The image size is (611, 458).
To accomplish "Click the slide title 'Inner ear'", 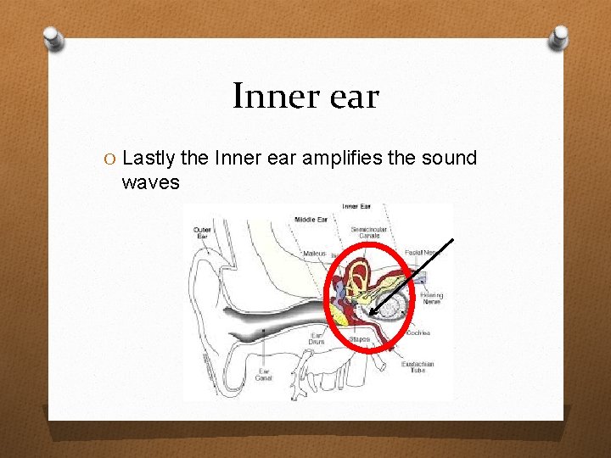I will click(x=305, y=96).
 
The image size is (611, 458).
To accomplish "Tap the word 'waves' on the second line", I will click(x=150, y=182).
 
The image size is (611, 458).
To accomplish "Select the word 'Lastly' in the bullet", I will click(x=149, y=158).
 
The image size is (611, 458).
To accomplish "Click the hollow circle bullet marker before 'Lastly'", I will click(x=111, y=159).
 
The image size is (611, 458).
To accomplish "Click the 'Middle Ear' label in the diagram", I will click(x=310, y=220).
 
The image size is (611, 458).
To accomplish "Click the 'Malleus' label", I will click(x=314, y=253).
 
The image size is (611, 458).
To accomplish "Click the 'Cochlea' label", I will click(x=418, y=333).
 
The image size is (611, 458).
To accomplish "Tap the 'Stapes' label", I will click(x=359, y=339).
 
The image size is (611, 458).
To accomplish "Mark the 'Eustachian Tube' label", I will click(x=418, y=367).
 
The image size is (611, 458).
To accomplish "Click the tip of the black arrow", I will click(x=371, y=316).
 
